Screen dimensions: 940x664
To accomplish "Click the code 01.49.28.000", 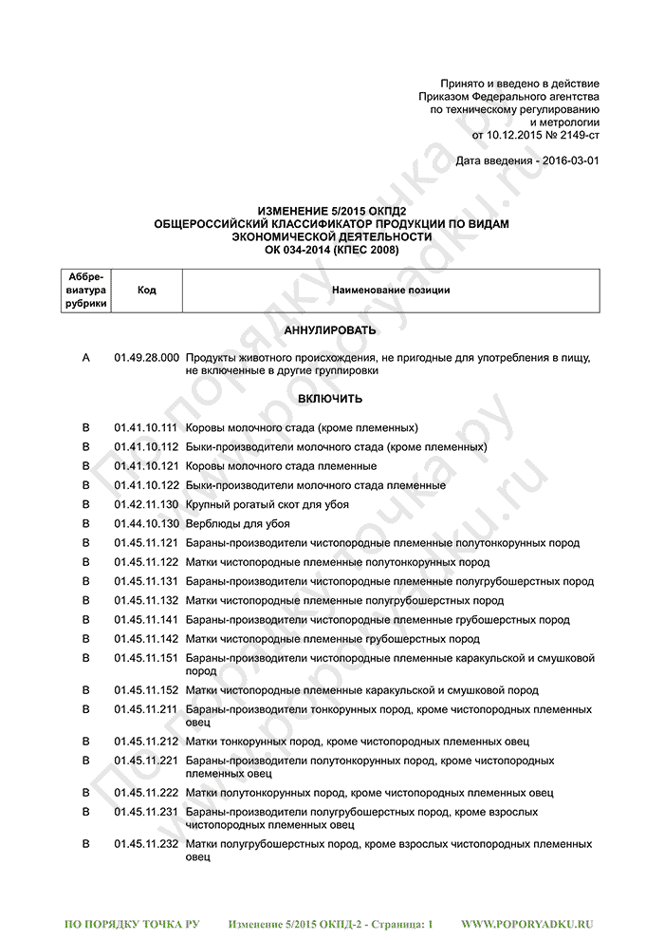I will [x=146, y=358].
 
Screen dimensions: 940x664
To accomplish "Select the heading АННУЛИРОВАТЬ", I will [x=330, y=330].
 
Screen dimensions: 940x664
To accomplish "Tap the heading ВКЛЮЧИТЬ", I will [x=330, y=399].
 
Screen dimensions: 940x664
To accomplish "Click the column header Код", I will [x=146, y=290].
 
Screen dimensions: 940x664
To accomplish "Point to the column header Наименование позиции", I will [x=391, y=290].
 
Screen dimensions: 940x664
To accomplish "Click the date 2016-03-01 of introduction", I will [x=567, y=161].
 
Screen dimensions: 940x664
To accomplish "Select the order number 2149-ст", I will [x=574, y=136].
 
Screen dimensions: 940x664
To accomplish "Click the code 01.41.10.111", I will [x=146, y=428].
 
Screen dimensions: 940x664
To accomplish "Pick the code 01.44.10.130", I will [x=146, y=524].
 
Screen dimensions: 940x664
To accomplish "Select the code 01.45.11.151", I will [x=146, y=658].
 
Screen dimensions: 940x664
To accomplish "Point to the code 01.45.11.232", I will [x=146, y=844].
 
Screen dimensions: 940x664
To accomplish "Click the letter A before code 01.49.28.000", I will [x=86, y=358].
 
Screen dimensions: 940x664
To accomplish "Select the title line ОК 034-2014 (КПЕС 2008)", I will [x=331, y=250].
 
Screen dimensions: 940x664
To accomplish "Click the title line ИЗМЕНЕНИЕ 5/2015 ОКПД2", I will [x=331, y=211].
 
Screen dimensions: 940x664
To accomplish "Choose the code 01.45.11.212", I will [x=146, y=742].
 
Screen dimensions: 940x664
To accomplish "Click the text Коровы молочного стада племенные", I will [x=281, y=466].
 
